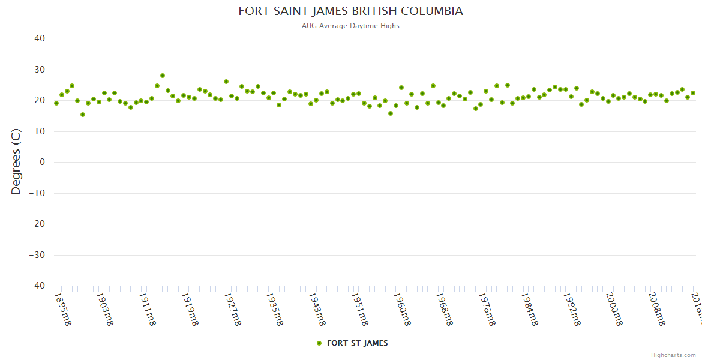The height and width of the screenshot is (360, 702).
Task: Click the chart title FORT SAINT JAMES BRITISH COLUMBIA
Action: pyautogui.click(x=350, y=11)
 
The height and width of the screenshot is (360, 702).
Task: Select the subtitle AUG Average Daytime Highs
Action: pyautogui.click(x=350, y=26)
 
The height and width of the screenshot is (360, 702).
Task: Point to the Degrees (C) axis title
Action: pyautogui.click(x=16, y=161)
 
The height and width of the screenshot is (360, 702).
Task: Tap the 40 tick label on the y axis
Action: pyautogui.click(x=40, y=38)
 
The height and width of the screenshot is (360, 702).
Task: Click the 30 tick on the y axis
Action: pyautogui.click(x=40, y=70)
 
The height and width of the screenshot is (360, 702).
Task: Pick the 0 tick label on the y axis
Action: pyautogui.click(x=42, y=162)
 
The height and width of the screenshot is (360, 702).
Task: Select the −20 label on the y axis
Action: pyautogui.click(x=37, y=224)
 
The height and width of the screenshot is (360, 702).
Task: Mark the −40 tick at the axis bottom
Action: pyautogui.click(x=37, y=286)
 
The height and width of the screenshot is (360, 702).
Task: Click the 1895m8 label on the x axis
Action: pyautogui.click(x=62, y=309)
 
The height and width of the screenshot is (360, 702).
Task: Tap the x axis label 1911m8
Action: pyautogui.click(x=148, y=309)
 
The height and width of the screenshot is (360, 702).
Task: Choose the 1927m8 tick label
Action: pyautogui.click(x=232, y=309)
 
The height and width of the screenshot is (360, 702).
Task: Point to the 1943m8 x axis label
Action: pyautogui.click(x=317, y=309)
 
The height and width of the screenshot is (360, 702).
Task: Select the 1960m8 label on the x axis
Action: pyautogui.click(x=403, y=309)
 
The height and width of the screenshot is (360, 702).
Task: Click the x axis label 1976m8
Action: pyautogui.click(x=488, y=309)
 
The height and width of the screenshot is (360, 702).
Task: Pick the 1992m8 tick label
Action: pyautogui.click(x=573, y=309)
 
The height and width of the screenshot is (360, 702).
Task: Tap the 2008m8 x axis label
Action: pyautogui.click(x=658, y=309)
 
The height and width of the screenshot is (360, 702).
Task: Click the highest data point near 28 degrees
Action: pyautogui.click(x=163, y=76)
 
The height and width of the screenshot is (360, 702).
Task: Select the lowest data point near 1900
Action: pyautogui.click(x=83, y=115)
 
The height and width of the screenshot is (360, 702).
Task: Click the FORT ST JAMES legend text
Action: pyautogui.click(x=357, y=343)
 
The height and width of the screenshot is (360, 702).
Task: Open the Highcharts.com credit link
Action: pyautogui.click(x=673, y=355)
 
